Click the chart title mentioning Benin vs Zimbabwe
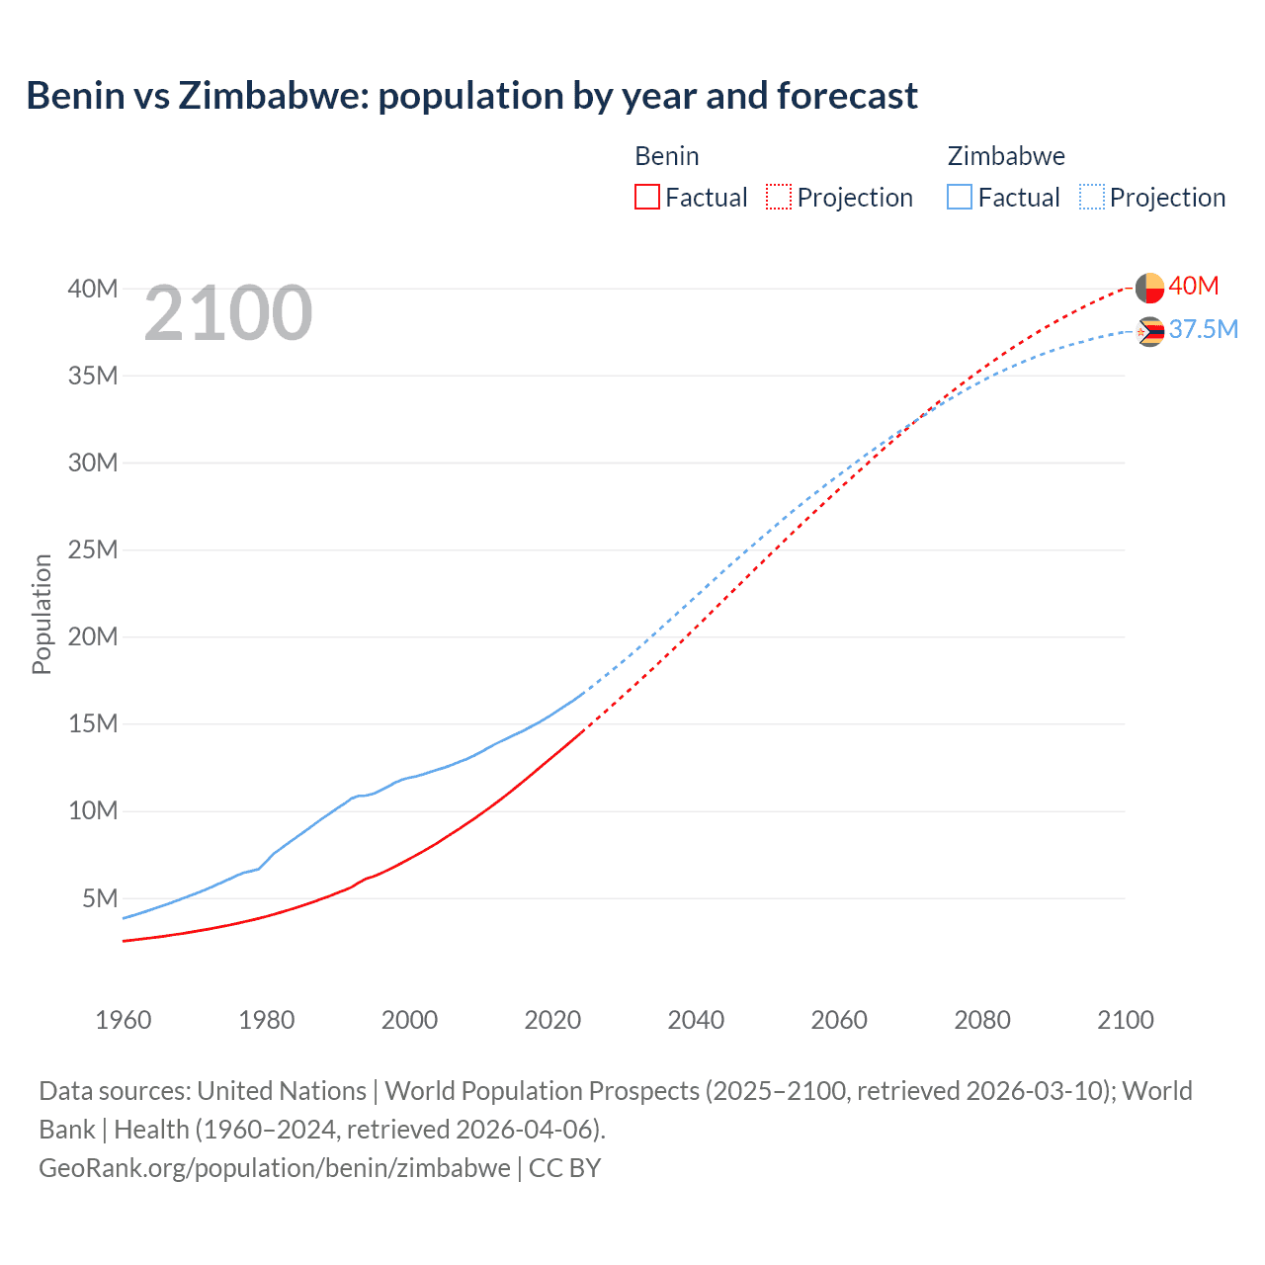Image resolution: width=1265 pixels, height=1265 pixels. click(x=471, y=96)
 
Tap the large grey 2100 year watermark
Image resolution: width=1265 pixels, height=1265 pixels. click(x=228, y=314)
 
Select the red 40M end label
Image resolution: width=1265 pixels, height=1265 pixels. click(x=1193, y=286)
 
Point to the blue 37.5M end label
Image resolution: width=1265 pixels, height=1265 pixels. click(x=1203, y=329)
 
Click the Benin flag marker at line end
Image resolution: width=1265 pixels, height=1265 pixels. click(x=1149, y=288)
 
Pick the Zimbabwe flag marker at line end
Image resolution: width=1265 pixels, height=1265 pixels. click(x=1149, y=332)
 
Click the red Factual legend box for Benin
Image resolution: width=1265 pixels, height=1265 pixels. click(x=646, y=197)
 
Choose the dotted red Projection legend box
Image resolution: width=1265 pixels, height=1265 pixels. click(x=779, y=197)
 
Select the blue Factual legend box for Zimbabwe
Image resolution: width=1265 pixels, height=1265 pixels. click(x=959, y=197)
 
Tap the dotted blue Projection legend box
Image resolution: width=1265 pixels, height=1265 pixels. click(x=1091, y=197)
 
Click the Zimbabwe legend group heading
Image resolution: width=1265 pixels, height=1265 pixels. click(x=1006, y=156)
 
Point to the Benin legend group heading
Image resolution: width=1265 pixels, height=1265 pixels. click(x=667, y=156)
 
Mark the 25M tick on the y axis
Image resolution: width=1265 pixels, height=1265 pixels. click(x=93, y=549)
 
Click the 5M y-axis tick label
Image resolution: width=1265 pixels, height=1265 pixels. click(x=100, y=898)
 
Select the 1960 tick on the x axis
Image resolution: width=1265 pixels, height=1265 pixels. click(x=124, y=1020)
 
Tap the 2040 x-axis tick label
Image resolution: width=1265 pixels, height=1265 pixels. click(x=696, y=1020)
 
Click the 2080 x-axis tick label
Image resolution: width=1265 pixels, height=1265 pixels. click(x=982, y=1020)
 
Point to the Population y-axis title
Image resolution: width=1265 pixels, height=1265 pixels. click(x=42, y=614)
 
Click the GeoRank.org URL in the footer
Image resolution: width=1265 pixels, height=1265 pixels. click(x=275, y=1168)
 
